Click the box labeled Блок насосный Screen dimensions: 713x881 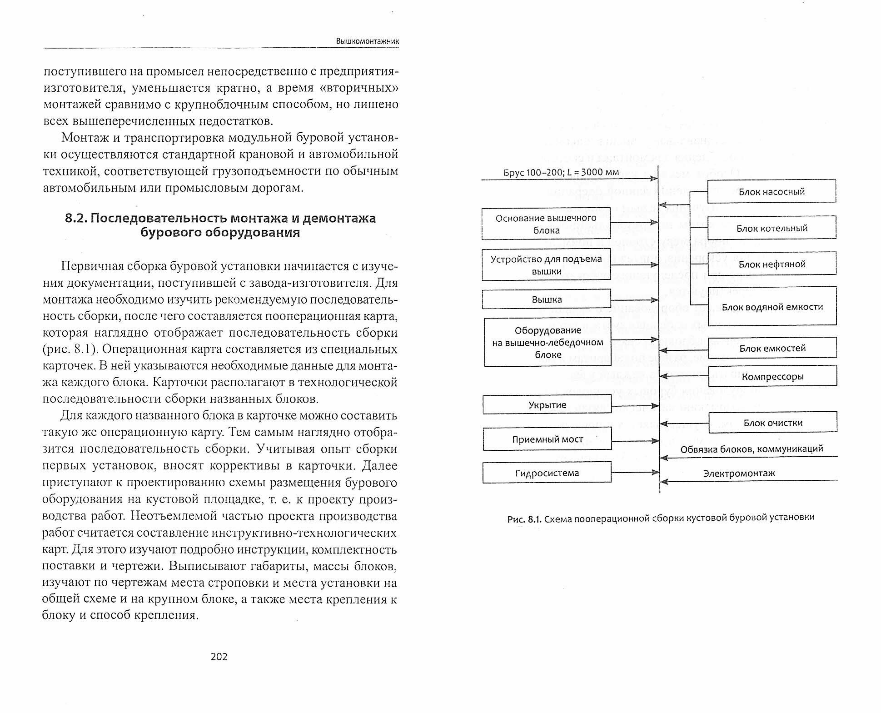point(771,191)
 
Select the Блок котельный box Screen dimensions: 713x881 point(771,228)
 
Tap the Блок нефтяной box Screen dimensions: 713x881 point(771,264)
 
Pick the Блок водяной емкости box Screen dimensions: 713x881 point(772,307)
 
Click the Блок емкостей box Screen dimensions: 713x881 point(772,348)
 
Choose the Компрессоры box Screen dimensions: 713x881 point(772,376)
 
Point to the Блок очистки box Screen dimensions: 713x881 point(772,423)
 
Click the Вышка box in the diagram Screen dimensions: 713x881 point(547,299)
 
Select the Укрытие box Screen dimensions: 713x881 point(547,405)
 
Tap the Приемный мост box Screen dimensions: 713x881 point(547,439)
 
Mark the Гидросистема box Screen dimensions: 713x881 point(547,473)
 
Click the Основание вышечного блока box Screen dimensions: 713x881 point(546,224)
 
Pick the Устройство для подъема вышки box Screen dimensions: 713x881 point(546,265)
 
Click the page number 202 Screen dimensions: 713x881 point(219,657)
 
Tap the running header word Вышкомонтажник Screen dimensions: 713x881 point(367,41)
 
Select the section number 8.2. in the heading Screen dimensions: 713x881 point(76,218)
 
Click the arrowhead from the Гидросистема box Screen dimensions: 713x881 point(655,473)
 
